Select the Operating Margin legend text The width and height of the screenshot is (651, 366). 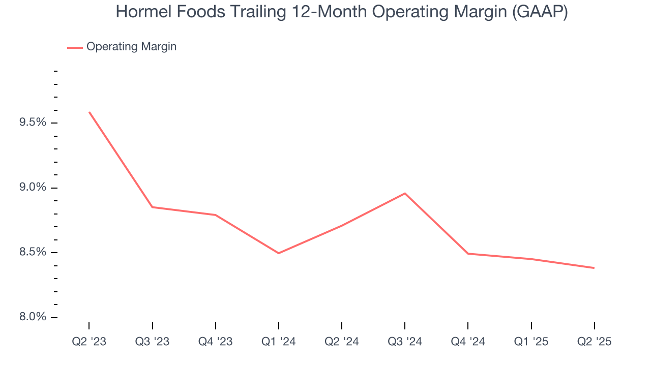[x=131, y=47]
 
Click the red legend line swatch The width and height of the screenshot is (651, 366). [x=75, y=47]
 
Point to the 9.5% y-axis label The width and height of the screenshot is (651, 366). [x=33, y=123]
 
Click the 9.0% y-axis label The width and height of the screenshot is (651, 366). [x=33, y=188]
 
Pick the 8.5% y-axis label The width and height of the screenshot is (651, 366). [x=33, y=253]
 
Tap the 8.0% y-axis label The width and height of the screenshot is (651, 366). [x=33, y=317]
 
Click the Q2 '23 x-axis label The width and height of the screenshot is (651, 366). [x=89, y=342]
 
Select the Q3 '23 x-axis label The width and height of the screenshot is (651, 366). [x=152, y=342]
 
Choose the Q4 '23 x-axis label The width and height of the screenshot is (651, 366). [x=216, y=342]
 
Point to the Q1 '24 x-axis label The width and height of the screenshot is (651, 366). [x=279, y=342]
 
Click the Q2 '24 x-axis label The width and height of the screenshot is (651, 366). [x=342, y=342]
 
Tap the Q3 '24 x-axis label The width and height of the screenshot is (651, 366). [x=405, y=342]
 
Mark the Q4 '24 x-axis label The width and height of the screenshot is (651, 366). [x=468, y=342]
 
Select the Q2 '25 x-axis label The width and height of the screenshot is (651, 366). [x=594, y=342]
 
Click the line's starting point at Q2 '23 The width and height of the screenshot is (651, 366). [x=90, y=112]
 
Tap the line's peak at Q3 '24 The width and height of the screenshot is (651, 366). [x=405, y=193]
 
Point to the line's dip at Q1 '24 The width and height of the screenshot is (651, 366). [x=279, y=253]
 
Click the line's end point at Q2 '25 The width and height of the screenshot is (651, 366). [x=594, y=268]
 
